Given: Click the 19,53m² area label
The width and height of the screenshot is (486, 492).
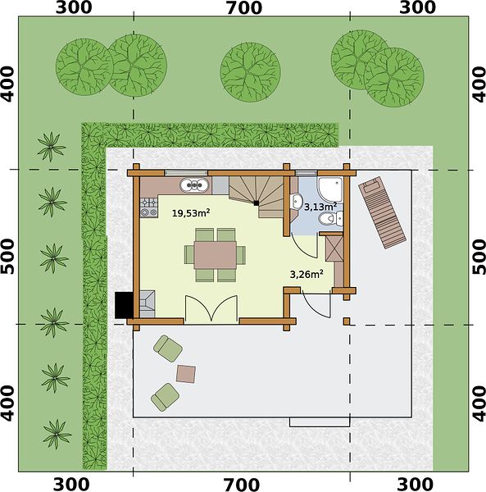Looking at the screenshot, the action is [191, 213].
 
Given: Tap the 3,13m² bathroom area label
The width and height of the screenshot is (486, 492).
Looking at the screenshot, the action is [320, 207].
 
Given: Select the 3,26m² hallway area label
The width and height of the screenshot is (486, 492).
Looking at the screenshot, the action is [307, 274].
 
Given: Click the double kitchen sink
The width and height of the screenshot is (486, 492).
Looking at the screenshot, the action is [194, 185].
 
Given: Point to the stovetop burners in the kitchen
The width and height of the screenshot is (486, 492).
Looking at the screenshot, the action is [148, 207].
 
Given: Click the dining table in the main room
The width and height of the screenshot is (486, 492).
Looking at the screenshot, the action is [215, 255].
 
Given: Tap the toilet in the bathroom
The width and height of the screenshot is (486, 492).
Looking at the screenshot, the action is [331, 219].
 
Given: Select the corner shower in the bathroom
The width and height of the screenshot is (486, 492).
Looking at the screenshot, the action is [331, 189].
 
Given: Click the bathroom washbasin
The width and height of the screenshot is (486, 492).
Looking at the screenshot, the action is [296, 201].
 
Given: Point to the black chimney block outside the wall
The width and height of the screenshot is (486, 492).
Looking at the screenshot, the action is [125, 305].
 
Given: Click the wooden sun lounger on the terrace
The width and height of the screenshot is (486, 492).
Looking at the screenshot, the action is [382, 212].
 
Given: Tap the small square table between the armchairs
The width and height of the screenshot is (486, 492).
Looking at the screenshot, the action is [186, 374].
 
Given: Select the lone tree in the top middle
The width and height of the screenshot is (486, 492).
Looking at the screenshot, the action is [250, 72].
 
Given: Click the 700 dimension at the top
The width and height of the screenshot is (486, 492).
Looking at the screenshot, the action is [244, 8].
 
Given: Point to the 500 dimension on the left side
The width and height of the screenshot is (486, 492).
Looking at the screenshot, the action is [8, 256].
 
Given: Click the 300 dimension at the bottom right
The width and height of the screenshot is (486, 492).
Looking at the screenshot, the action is [416, 485].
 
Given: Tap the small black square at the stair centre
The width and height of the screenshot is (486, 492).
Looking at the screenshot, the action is [257, 203].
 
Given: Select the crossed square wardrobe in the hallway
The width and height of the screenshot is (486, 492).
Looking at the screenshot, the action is [334, 248].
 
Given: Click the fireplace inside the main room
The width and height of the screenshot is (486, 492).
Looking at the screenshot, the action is [147, 304].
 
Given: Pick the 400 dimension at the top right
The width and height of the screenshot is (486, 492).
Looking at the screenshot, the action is [479, 84].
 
